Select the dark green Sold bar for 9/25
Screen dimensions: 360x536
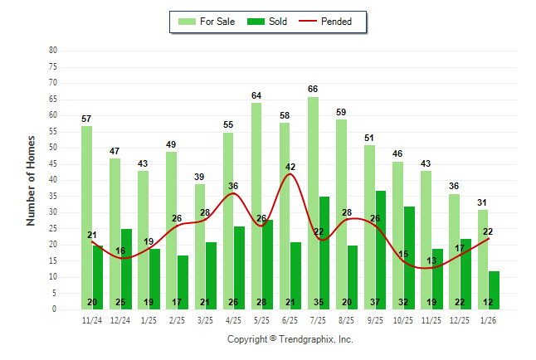click(380, 250)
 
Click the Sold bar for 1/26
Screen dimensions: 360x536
click(494, 286)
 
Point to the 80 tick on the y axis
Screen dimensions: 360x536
click(53, 50)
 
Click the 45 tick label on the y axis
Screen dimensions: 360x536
click(53, 163)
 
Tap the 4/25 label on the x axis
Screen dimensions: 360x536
click(233, 321)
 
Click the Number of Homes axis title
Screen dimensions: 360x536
click(32, 180)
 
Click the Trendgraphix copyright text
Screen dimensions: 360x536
click(290, 339)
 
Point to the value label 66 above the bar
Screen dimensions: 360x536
click(313, 89)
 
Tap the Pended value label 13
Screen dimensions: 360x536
click(431, 260)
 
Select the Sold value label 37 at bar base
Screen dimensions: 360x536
click(380, 302)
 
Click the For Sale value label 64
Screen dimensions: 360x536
click(256, 95)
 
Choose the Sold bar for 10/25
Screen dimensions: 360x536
click(409, 257)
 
